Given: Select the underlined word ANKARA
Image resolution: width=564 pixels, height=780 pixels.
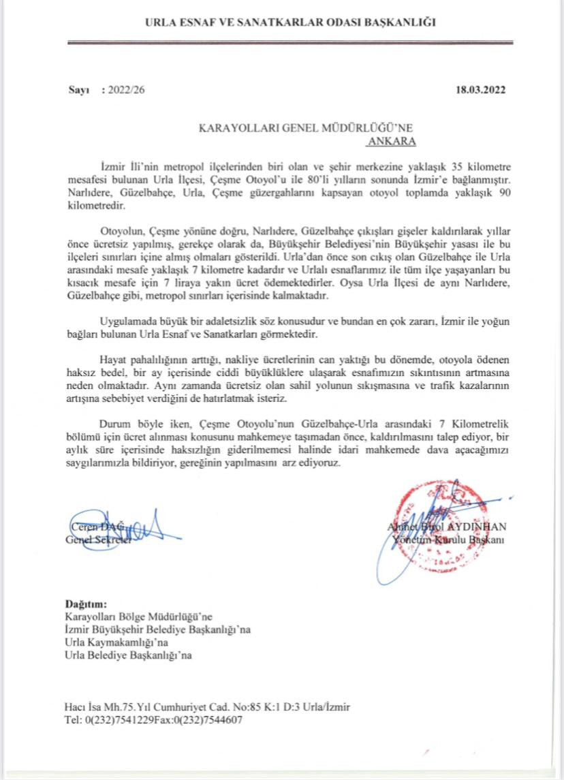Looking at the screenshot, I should click(392, 142).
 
